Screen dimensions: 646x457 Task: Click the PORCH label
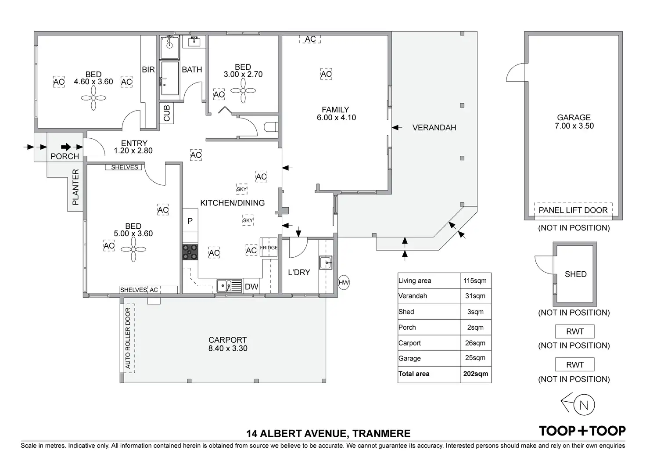[x=65, y=156]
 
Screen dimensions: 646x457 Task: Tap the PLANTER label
[x=75, y=187]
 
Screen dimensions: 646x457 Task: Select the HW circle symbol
[x=344, y=282]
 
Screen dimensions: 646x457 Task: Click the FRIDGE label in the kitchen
[x=269, y=248]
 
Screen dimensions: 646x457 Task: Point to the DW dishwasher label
[x=251, y=287]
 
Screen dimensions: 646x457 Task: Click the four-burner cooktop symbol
[x=190, y=252]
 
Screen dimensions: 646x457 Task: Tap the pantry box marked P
[x=190, y=221]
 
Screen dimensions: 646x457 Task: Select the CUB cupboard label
[x=167, y=113]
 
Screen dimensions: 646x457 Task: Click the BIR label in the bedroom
[x=148, y=69]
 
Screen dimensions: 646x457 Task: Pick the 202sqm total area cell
[x=475, y=374]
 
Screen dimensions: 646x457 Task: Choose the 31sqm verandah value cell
[x=475, y=296]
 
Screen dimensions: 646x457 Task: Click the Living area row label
[x=415, y=281]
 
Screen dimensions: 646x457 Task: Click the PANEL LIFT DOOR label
[x=573, y=210]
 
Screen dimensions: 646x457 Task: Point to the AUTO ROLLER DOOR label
[x=128, y=338]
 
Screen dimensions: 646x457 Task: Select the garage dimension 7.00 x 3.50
[x=574, y=126]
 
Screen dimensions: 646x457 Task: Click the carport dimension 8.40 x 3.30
[x=227, y=349]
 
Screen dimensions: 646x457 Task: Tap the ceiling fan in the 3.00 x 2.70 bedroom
[x=243, y=91]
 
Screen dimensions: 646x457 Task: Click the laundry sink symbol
[x=325, y=263]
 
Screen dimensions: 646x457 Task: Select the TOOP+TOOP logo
[x=582, y=431]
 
